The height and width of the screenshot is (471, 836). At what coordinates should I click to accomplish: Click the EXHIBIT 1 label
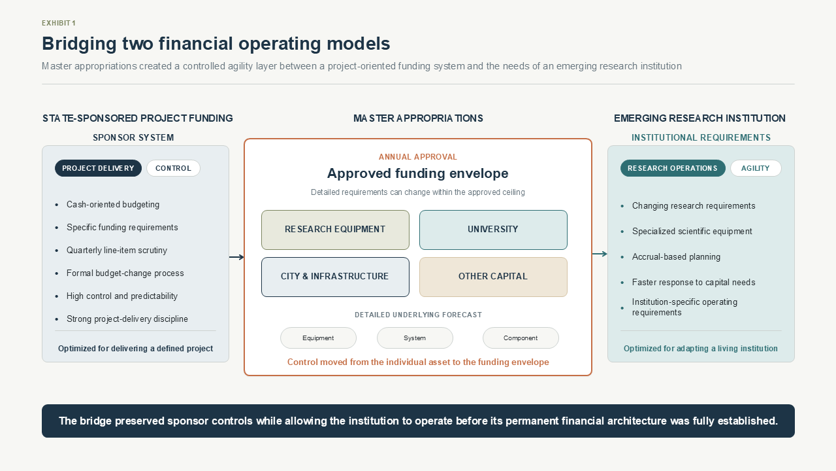[59, 23]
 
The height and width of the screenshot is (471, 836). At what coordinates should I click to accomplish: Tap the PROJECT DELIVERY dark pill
[98, 168]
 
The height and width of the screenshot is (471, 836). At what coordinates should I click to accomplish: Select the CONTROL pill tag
[173, 168]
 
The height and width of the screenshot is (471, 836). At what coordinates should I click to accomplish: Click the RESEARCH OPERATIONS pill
[673, 168]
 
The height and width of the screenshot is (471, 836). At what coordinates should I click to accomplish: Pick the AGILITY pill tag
[756, 168]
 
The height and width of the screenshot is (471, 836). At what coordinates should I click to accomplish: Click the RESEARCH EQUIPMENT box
[335, 230]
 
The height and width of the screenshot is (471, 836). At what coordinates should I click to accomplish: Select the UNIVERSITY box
[493, 230]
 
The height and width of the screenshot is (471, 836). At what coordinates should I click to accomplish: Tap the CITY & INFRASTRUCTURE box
[335, 277]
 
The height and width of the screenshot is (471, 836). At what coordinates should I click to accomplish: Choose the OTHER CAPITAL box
[493, 277]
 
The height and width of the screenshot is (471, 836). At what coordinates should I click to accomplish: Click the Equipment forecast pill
[318, 338]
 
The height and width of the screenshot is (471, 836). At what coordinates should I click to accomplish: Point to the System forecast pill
[415, 338]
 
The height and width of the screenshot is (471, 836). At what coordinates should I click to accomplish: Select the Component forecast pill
[521, 338]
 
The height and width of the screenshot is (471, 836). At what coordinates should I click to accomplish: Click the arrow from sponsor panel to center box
[236, 257]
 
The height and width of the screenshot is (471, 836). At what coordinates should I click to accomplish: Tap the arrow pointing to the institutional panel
[600, 254]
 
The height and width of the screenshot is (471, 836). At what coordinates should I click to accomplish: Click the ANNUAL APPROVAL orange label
[417, 157]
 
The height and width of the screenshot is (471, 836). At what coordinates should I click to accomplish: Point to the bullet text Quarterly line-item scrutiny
[117, 250]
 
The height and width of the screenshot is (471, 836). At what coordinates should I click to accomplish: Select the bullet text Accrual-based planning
[676, 257]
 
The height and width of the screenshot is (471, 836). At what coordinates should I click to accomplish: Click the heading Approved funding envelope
[417, 173]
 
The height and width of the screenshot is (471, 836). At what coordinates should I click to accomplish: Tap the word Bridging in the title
[79, 44]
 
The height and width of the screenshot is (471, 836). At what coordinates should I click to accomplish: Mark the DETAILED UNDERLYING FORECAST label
[418, 315]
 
